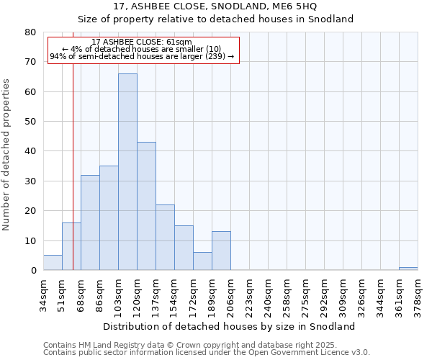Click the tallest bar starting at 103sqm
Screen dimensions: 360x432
tap(127, 172)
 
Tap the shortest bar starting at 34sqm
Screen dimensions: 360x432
tap(53, 263)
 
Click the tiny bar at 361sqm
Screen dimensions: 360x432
tap(408, 269)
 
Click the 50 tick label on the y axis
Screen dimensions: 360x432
tap(31, 122)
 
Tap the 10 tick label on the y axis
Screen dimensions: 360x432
tap(31, 241)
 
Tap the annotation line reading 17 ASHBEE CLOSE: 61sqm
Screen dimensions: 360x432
tap(142, 42)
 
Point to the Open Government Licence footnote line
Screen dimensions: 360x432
tap(207, 353)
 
